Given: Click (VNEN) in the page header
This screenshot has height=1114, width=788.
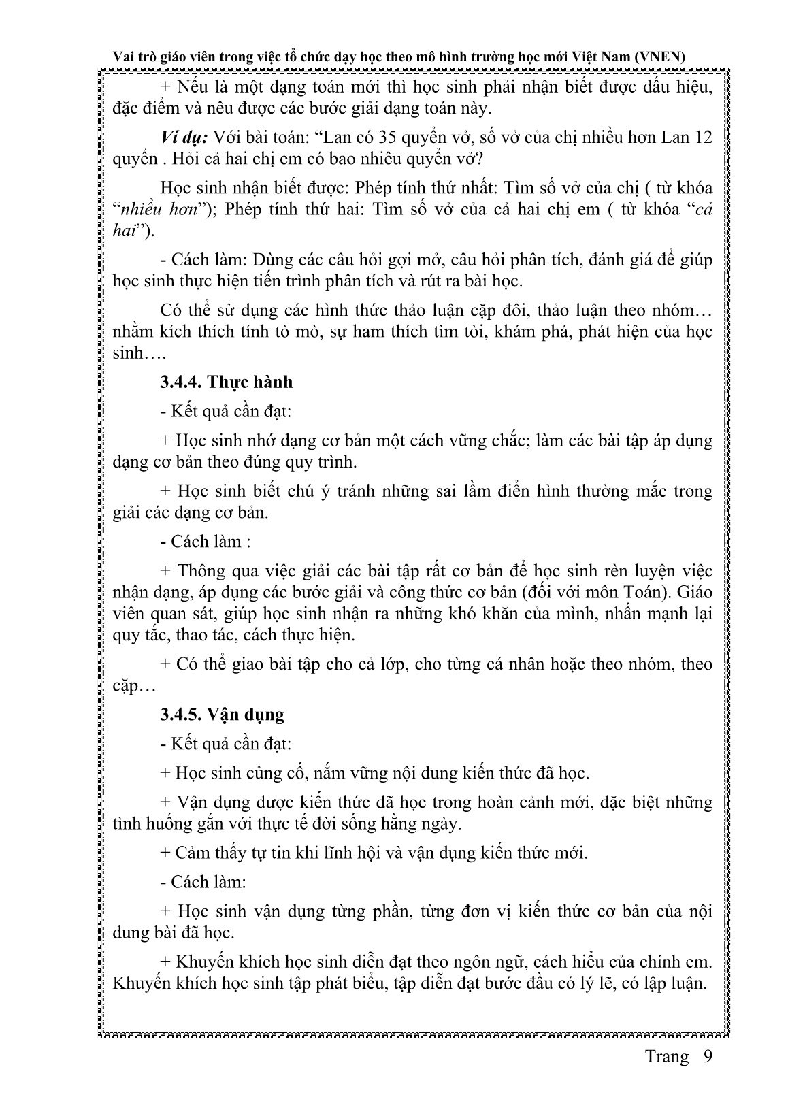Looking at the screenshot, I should pyautogui.click(x=658, y=58).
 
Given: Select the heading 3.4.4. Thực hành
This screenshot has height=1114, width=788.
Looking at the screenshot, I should pyautogui.click(x=226, y=382).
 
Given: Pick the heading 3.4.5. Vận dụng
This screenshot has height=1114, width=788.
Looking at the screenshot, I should pyautogui.click(x=222, y=715).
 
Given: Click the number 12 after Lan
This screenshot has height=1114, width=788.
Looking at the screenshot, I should pyautogui.click(x=702, y=137).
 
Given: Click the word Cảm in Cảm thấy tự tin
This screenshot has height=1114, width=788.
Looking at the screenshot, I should pyautogui.click(x=192, y=853).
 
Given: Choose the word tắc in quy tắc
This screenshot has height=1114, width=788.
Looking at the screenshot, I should pyautogui.click(x=154, y=635).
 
